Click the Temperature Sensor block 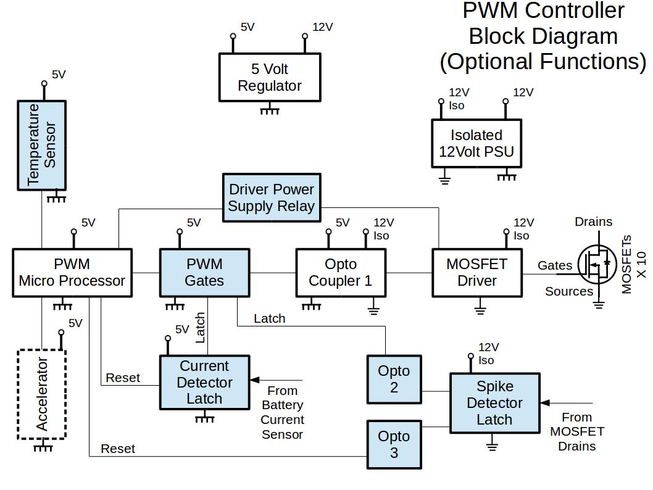coord(41,145)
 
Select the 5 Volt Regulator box coord(270,77)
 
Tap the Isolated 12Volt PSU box coord(476,143)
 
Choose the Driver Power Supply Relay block coord(272,197)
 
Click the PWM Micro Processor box coord(72,273)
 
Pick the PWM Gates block coord(205,273)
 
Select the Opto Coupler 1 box coord(341,273)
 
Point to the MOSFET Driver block coord(477,273)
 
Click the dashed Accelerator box coord(41,394)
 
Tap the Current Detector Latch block coord(204,382)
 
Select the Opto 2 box coord(394,379)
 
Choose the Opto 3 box coord(394,444)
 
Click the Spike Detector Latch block coord(494,402)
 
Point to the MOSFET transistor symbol coord(597,266)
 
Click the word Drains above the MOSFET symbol coord(593,222)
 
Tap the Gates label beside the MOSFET coord(555,265)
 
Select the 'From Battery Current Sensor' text coord(283,412)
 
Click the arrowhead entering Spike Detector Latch coord(545,402)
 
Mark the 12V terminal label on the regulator coord(322,27)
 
